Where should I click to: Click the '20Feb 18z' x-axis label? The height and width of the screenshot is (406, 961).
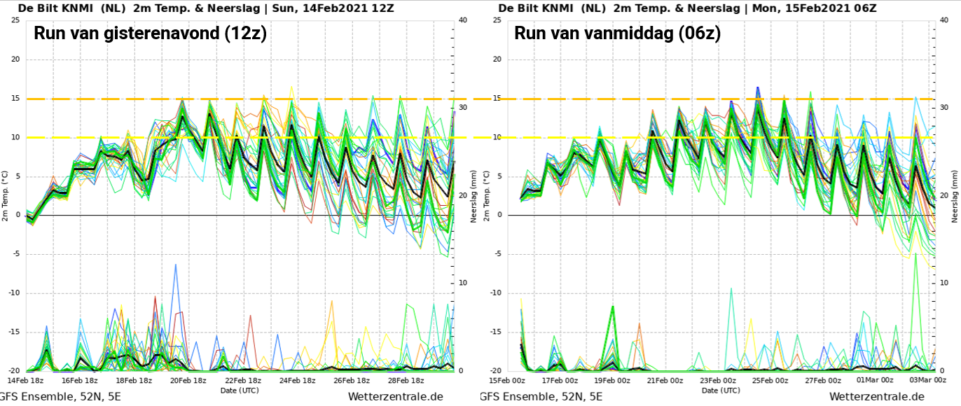point(188,380)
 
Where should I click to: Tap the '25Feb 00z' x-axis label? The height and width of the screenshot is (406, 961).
point(770,380)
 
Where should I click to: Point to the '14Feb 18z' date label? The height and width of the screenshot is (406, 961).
point(25,380)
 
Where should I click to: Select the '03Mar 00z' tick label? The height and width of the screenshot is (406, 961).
point(928,380)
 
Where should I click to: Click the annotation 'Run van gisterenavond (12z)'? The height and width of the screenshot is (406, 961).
point(150,33)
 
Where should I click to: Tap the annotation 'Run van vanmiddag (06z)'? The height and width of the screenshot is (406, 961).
point(617,33)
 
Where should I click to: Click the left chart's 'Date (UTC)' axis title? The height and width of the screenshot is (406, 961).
point(240,390)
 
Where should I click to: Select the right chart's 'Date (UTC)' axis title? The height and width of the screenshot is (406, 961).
point(721,390)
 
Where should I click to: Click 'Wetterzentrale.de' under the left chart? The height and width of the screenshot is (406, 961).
point(395,397)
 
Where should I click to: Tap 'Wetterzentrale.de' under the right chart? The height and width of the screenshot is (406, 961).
point(876,397)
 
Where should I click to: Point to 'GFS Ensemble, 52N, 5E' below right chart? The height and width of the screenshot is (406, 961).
point(541,397)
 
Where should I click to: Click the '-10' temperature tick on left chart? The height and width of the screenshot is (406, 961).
point(15,293)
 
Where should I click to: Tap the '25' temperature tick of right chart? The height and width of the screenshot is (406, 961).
point(497,20)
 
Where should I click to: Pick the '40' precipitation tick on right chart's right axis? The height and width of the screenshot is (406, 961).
point(944,20)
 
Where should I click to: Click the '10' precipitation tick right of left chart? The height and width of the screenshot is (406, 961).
point(463,283)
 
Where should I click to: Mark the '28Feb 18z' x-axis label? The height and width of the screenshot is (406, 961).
point(406,380)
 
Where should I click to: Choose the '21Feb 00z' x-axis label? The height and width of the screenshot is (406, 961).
point(665,380)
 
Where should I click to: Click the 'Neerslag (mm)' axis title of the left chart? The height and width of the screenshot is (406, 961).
point(473,197)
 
